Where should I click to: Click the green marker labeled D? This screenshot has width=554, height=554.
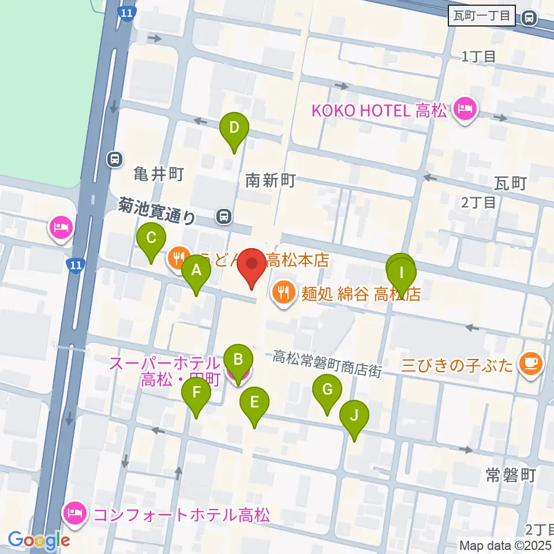click(234, 128)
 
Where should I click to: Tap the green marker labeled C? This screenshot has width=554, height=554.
click(151, 239)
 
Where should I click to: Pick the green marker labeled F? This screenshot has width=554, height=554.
click(196, 394)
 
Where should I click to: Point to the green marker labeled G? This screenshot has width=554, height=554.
click(327, 391)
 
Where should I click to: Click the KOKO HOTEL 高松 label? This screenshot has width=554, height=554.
click(379, 111)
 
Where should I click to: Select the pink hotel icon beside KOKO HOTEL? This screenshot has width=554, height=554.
click(465, 108)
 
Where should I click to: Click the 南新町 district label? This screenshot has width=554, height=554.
click(270, 181)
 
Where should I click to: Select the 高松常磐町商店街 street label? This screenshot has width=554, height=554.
click(327, 364)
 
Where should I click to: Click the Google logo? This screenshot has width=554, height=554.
click(39, 541)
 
